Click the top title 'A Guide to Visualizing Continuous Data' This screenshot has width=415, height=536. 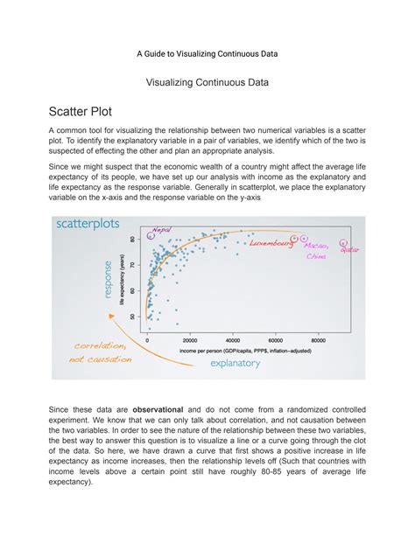pos(207,53)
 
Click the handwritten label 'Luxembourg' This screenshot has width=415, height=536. pos(271,244)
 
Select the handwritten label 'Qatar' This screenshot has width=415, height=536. pos(350,250)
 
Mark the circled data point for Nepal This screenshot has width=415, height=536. pos(151,235)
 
